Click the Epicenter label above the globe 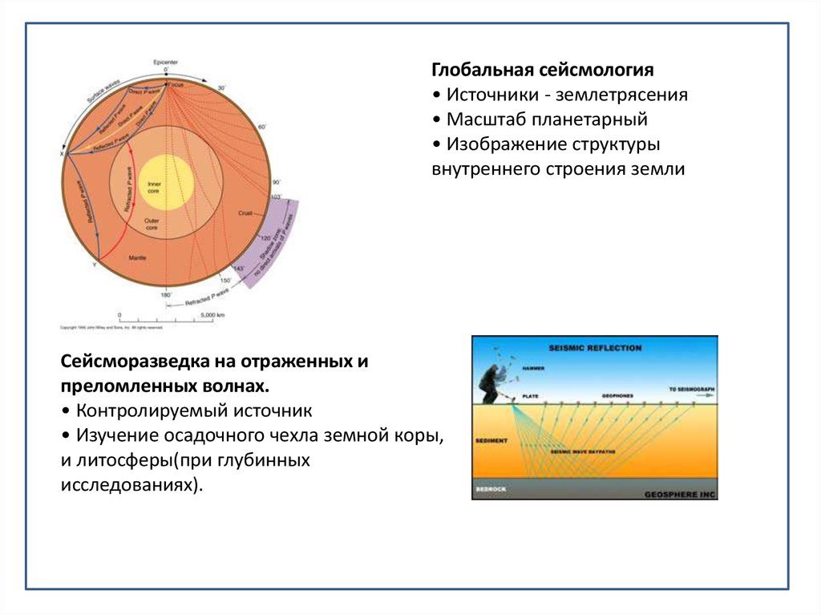click(x=165, y=62)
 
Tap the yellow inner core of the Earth click(x=165, y=183)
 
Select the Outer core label click(x=152, y=224)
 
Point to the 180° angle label click(x=166, y=295)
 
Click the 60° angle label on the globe click(x=261, y=126)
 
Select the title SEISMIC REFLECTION click(x=595, y=348)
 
